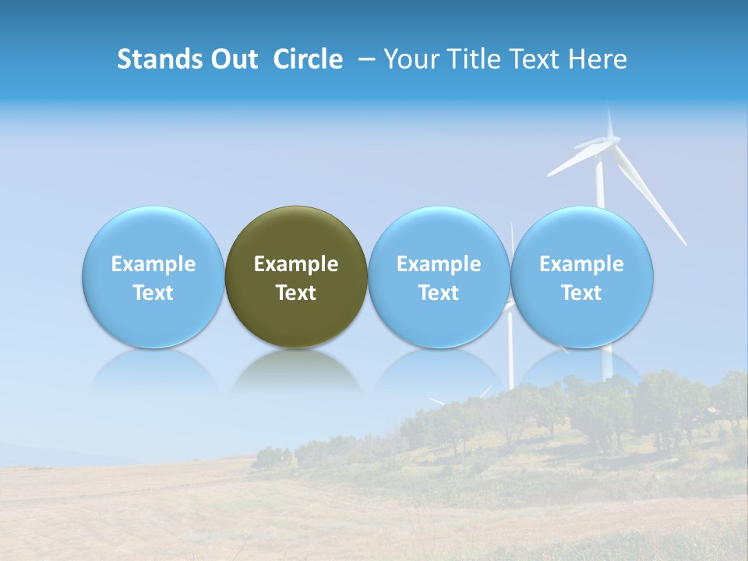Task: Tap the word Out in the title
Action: (232, 59)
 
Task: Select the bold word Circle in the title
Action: (308, 59)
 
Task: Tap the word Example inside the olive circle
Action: (296, 264)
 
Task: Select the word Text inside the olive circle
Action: (296, 293)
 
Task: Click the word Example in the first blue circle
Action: (153, 264)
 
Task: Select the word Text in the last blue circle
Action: (582, 293)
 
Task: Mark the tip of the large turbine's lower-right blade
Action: (686, 244)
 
